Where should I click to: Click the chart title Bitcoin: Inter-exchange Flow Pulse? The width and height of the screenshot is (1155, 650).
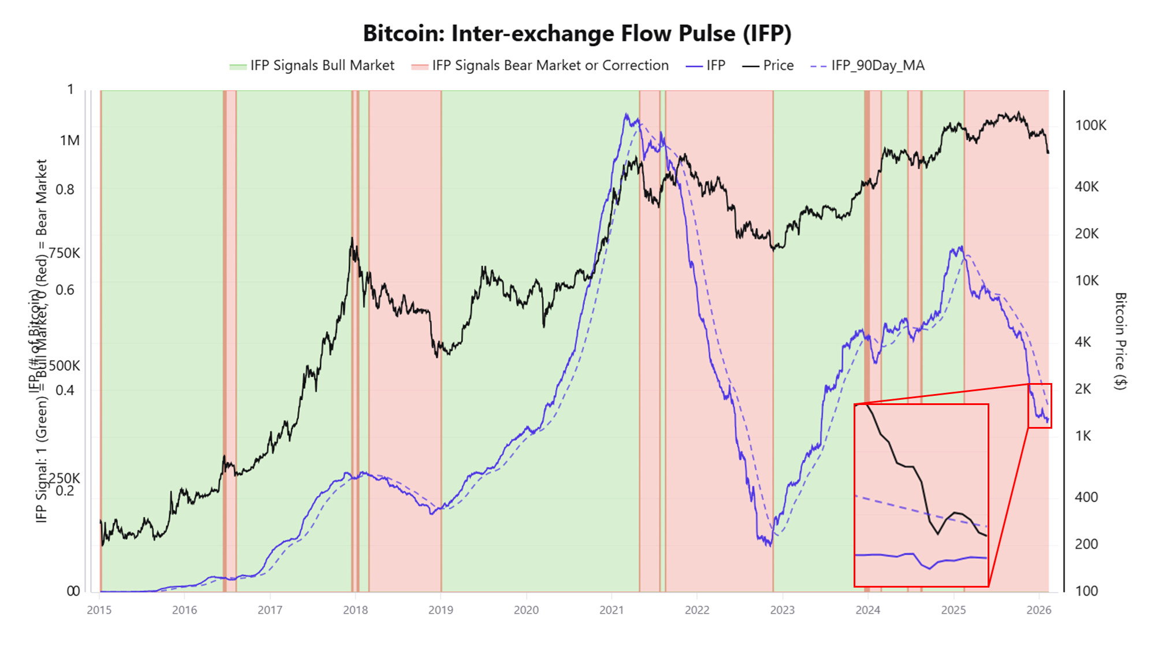577,34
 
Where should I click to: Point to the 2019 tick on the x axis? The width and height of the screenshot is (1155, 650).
441,610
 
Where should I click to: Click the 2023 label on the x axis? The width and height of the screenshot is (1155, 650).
783,610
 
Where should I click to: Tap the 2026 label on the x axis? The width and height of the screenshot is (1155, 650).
1038,610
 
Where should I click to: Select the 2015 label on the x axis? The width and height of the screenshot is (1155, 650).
99,610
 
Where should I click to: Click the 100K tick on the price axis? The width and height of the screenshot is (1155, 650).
1090,125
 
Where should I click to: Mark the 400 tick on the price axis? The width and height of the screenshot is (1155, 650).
1086,497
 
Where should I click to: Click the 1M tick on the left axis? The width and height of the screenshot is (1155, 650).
70,141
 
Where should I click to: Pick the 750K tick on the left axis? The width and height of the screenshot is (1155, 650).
65,254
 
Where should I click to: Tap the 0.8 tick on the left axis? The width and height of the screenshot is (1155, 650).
65,190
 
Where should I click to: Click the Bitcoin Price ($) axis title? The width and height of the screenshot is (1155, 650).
1120,341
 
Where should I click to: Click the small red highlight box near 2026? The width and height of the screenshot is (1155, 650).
1039,406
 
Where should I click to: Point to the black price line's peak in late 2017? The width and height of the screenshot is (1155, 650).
352,238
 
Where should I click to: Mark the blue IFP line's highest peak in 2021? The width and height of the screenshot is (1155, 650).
626,114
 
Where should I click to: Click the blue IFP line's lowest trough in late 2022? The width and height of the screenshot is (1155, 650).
769,545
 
